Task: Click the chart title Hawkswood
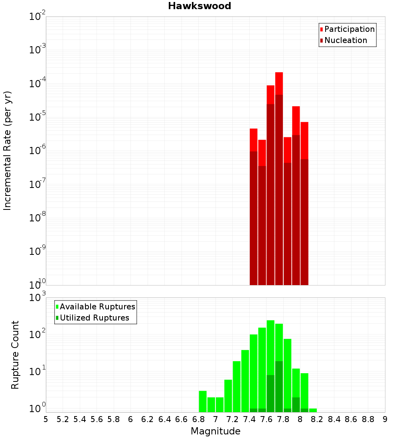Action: pyautogui.click(x=199, y=6)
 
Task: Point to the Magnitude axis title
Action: pyautogui.click(x=215, y=431)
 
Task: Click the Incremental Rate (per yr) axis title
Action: pyautogui.click(x=8, y=151)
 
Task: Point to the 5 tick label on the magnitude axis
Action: pyautogui.click(x=46, y=419)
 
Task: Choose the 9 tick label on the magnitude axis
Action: pyautogui.click(x=385, y=419)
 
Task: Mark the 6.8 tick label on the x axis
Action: pyautogui.click(x=199, y=419)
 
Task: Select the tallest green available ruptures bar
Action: pyautogui.click(x=271, y=358)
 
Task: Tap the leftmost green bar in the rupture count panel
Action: pyautogui.click(x=203, y=401)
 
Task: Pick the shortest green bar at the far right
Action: pyautogui.click(x=313, y=410)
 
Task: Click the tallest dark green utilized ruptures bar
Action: pyautogui.click(x=279, y=386)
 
